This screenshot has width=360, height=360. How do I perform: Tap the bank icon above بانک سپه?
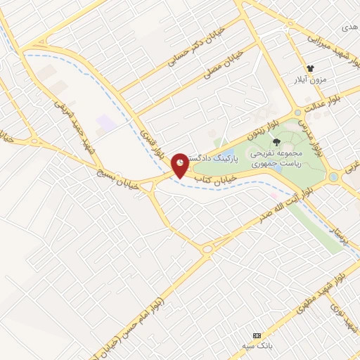click(x=257, y=336)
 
